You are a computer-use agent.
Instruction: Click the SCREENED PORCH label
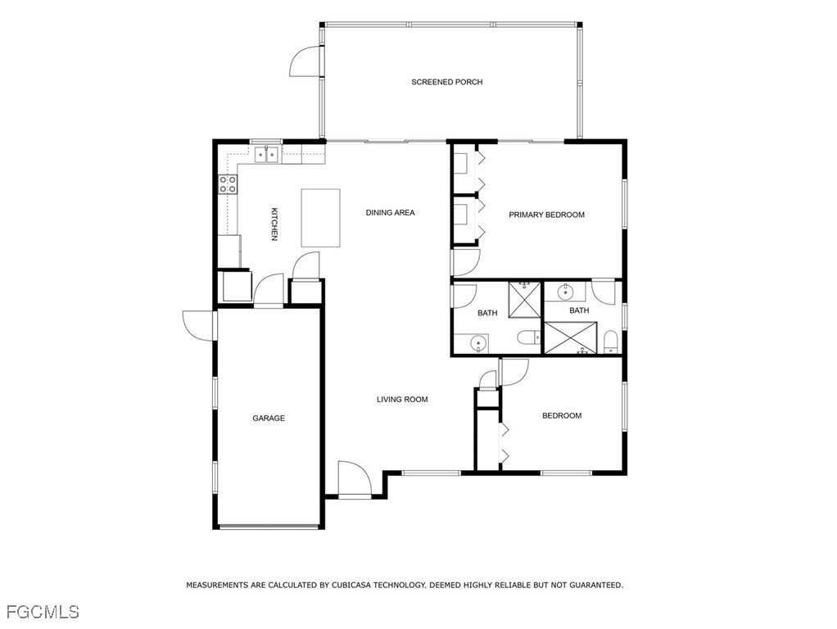[x=446, y=82]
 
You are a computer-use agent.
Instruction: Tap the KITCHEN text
[x=274, y=224]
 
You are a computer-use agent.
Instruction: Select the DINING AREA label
[x=390, y=213]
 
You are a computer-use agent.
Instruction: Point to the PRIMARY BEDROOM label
[x=546, y=215]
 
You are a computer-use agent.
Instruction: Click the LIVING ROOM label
[x=402, y=400]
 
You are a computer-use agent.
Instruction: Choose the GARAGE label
[x=269, y=419]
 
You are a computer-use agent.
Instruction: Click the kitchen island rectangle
[x=320, y=218]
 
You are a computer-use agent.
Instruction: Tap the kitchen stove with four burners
[x=228, y=184]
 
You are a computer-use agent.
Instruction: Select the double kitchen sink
[x=266, y=153]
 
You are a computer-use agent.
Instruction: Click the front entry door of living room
[x=355, y=479]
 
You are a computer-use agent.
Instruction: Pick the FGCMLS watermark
[x=43, y=611]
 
